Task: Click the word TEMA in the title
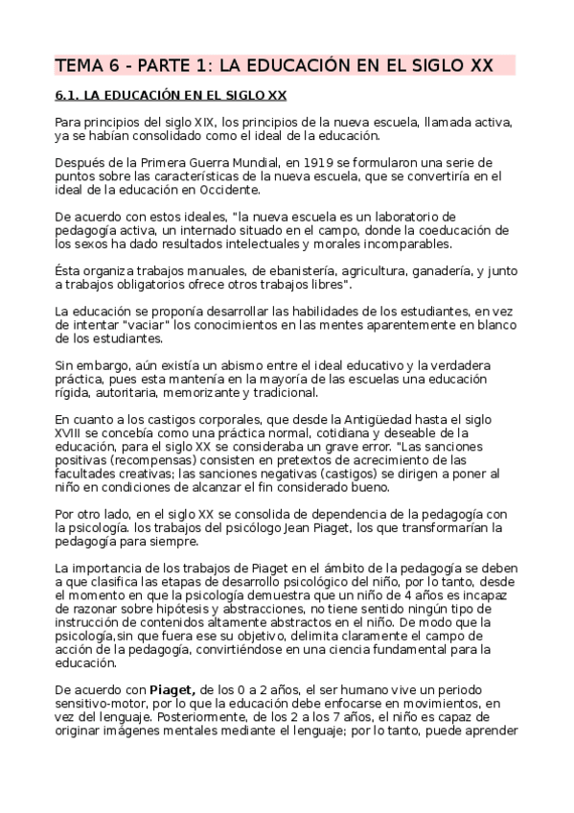click(x=78, y=66)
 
